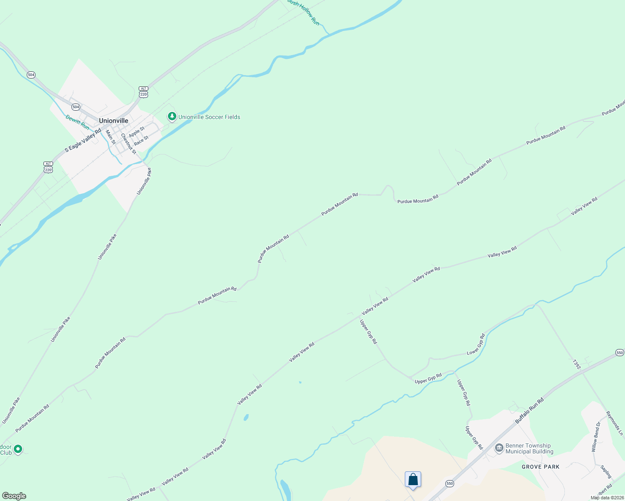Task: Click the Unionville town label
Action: click(x=113, y=121)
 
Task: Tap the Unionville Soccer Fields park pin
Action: click(x=172, y=116)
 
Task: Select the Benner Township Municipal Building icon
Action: click(x=499, y=448)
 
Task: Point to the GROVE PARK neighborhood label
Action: click(x=541, y=467)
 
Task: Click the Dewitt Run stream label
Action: click(x=77, y=122)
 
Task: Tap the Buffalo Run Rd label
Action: click(x=529, y=410)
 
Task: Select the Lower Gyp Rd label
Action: click(x=475, y=344)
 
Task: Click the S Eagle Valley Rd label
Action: click(x=83, y=140)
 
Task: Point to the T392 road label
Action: click(x=577, y=364)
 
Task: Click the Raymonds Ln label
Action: click(x=615, y=423)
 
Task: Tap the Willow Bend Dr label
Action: click(x=596, y=437)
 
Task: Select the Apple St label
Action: click(x=137, y=132)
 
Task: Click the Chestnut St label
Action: click(x=128, y=143)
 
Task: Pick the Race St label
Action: click(x=141, y=141)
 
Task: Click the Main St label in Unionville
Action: click(x=111, y=137)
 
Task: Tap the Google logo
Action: click(x=14, y=496)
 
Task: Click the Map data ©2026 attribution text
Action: click(x=607, y=498)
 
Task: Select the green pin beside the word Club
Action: click(x=18, y=449)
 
